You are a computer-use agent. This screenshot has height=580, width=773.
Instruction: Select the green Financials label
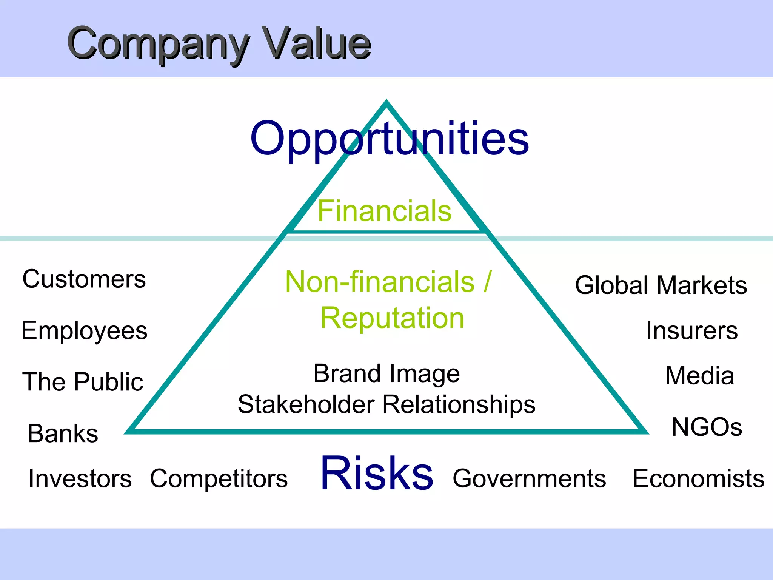click(384, 211)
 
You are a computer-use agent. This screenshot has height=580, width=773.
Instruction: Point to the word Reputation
click(392, 318)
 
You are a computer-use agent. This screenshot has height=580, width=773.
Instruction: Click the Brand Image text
click(386, 373)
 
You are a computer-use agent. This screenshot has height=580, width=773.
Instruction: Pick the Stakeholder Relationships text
click(386, 404)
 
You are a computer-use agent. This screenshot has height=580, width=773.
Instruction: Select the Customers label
click(84, 279)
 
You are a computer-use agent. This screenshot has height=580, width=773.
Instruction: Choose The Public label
click(83, 381)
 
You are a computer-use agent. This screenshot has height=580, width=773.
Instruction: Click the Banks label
click(63, 433)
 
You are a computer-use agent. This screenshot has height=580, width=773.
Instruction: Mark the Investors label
click(80, 478)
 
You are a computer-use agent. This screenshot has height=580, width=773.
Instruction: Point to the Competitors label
click(219, 478)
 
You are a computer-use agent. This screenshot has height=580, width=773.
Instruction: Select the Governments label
click(529, 478)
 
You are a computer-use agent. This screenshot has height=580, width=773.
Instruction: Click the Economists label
click(698, 478)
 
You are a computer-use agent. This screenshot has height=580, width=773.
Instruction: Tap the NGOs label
click(707, 427)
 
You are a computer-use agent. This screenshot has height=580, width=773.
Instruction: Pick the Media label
click(699, 376)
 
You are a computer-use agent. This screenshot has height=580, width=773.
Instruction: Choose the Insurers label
click(691, 331)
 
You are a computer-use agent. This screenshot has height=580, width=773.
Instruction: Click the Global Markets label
click(661, 285)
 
